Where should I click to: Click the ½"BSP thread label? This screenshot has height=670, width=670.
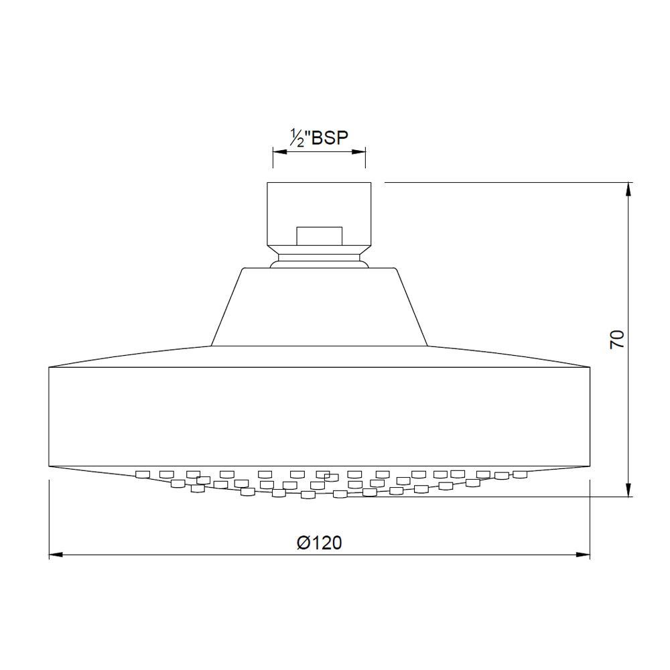318,139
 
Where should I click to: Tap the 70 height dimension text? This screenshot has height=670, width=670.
617,338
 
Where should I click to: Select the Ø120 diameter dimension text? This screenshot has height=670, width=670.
319,543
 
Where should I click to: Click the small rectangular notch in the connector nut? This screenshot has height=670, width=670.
319,235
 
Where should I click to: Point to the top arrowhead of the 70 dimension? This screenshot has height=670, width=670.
628,188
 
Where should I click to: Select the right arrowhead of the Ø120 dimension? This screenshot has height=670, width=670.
584,555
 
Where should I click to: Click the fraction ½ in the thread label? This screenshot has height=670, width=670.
297,139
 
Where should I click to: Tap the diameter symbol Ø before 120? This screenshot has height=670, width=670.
302,543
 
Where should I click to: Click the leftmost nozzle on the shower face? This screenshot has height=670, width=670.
141,474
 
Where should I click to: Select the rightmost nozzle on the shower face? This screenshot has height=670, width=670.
521,474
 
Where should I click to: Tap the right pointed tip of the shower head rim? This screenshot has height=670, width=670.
589,366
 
